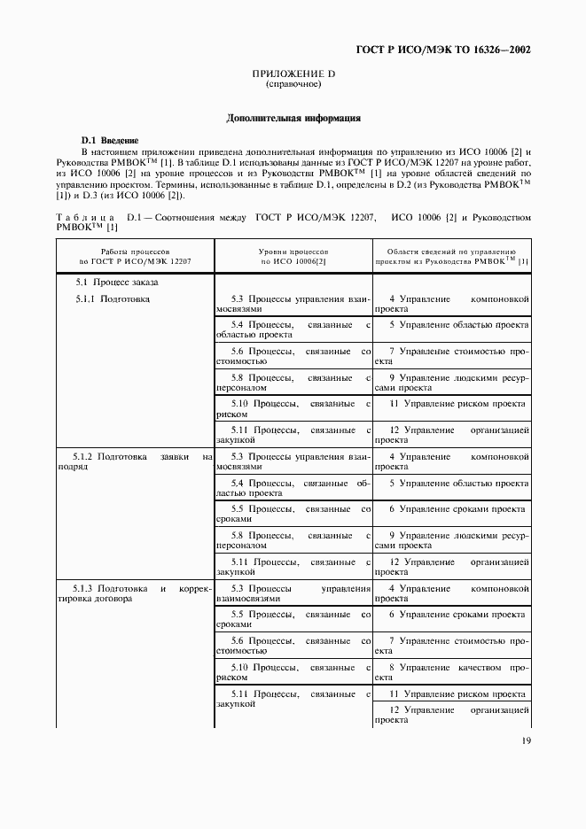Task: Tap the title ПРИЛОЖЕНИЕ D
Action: [x=293, y=74]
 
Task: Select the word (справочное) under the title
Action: [x=293, y=84]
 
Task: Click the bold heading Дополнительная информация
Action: [x=293, y=118]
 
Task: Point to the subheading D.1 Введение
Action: [x=109, y=140]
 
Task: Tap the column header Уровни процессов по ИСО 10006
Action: [x=293, y=257]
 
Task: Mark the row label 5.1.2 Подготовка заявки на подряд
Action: [x=135, y=461]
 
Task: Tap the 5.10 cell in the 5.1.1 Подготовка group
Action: [x=293, y=409]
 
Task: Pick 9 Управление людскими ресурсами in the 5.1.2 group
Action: [x=451, y=541]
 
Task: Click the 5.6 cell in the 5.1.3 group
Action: [x=293, y=646]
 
